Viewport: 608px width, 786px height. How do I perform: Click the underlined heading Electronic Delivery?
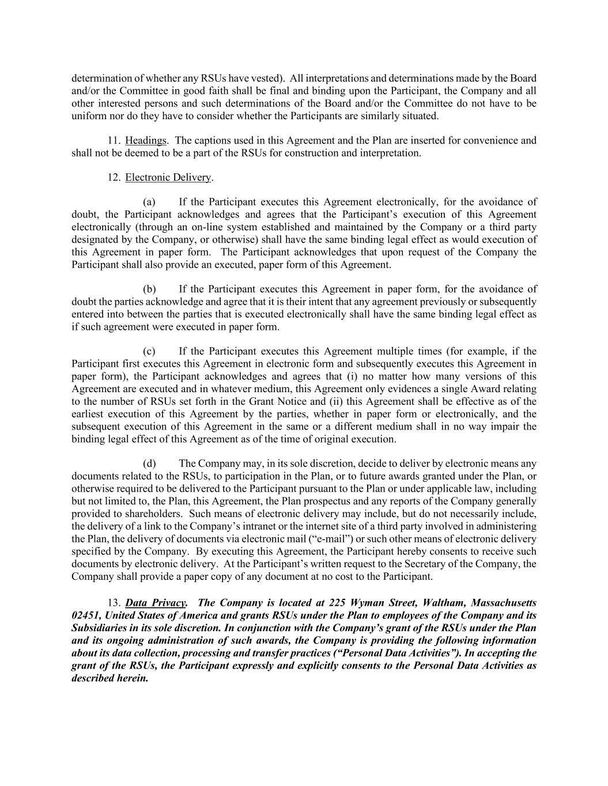(x=168, y=177)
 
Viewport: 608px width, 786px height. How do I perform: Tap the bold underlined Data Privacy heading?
(x=156, y=603)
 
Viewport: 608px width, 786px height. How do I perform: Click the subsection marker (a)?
(x=149, y=202)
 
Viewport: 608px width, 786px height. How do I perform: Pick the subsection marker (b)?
(x=149, y=289)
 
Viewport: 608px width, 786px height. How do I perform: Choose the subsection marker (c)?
(x=149, y=351)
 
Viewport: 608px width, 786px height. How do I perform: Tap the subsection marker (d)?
(x=149, y=464)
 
